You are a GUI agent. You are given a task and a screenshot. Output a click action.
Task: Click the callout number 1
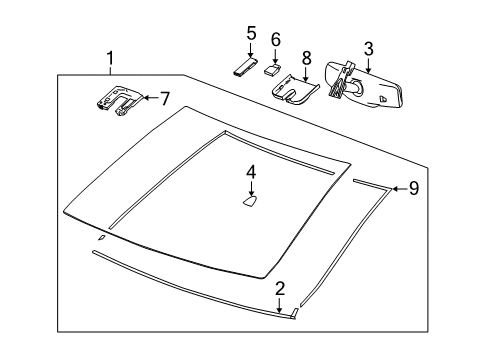click(111, 59)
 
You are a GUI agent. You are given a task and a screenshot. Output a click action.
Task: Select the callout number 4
click(251, 171)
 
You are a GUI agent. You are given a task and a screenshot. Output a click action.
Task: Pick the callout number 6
click(275, 39)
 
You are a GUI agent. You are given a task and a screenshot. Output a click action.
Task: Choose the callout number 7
click(165, 97)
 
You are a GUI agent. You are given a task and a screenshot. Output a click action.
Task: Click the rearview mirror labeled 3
click(370, 87)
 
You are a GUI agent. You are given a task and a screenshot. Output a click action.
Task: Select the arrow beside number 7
click(149, 97)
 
